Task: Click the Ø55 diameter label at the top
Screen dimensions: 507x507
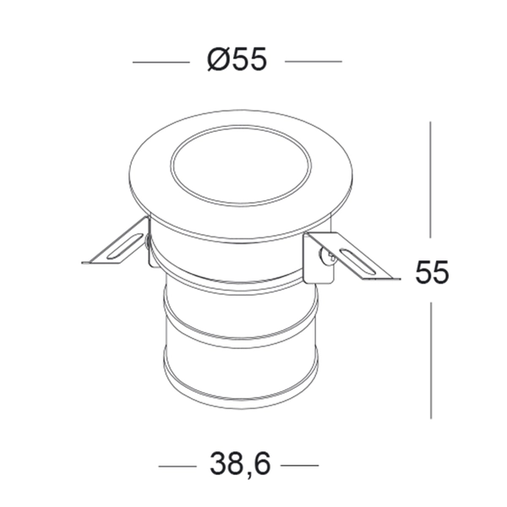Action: (x=237, y=61)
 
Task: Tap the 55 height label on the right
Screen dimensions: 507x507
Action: (x=432, y=273)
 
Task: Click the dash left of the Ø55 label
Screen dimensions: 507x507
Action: (x=161, y=62)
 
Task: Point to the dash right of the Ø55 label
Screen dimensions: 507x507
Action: (x=313, y=62)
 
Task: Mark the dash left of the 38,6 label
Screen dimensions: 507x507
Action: (x=177, y=466)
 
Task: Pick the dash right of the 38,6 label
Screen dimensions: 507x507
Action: (x=299, y=466)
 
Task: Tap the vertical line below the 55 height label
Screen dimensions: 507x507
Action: (x=432, y=359)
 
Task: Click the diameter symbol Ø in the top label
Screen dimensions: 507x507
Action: (x=215, y=61)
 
